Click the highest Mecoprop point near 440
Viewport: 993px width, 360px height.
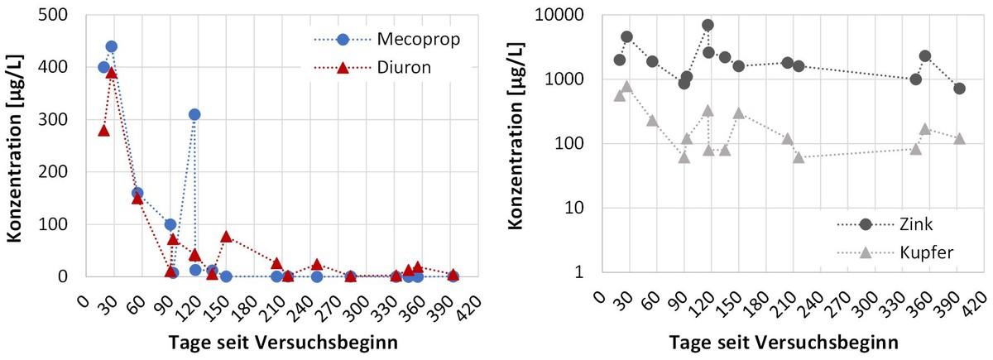[x=111, y=46]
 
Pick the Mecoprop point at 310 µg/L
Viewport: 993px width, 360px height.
[x=194, y=114]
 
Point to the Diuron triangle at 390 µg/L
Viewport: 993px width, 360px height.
[x=111, y=73]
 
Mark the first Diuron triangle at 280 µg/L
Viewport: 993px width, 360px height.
[x=103, y=130]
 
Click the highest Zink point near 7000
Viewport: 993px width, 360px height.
[x=708, y=25]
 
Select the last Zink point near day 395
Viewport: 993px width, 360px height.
[x=959, y=89]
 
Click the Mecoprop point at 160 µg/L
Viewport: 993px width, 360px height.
[x=137, y=193]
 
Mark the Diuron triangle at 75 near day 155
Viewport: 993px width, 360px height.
[x=226, y=237]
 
